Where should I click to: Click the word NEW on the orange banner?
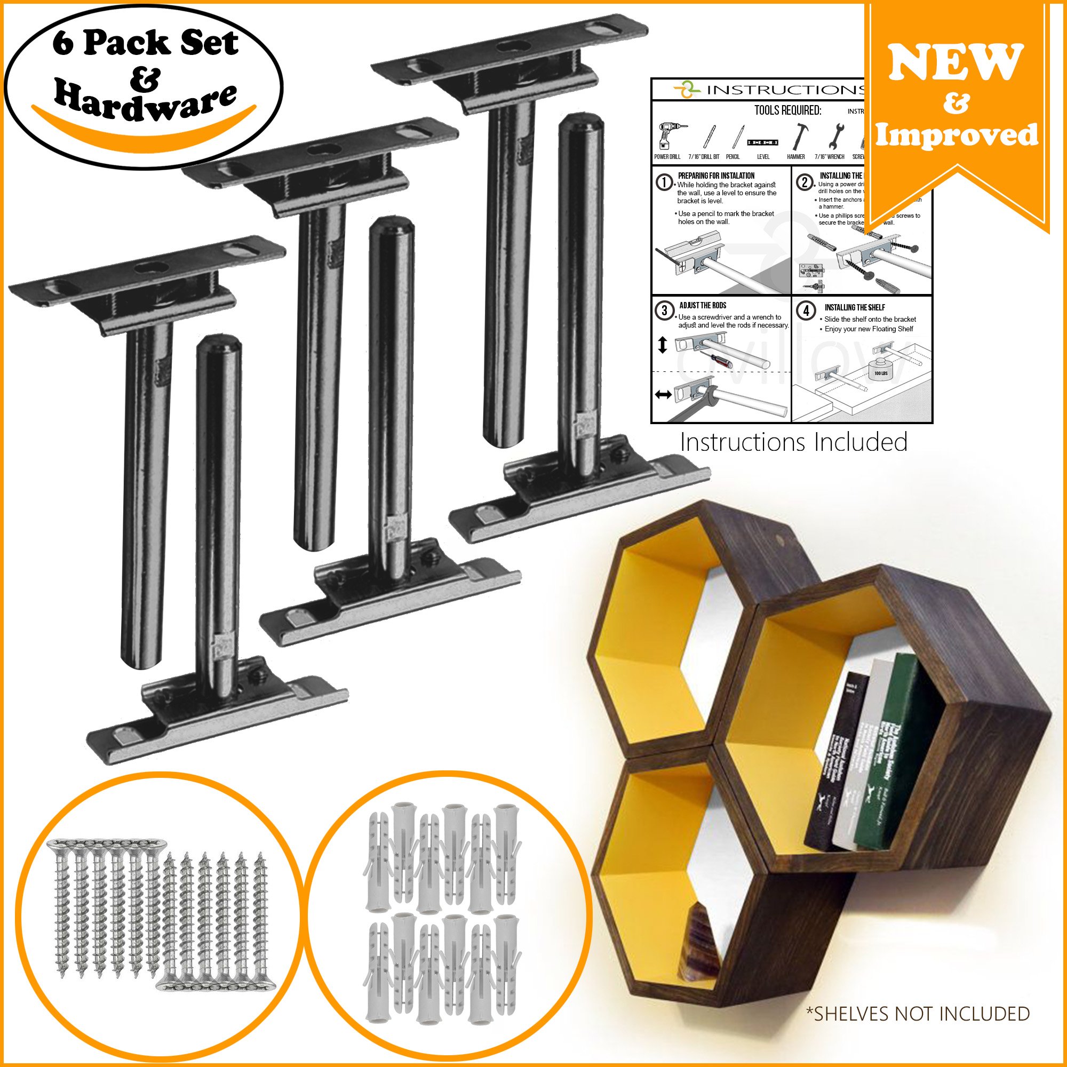coord(956,62)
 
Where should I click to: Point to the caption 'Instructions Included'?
coord(793,442)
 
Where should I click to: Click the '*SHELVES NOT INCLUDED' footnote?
coord(918,1014)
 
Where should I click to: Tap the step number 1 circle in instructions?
coord(664,183)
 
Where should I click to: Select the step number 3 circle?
coord(664,311)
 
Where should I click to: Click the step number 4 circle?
coord(806,311)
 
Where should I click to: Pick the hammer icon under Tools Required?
coord(797,137)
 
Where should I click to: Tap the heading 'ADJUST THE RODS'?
coord(703,305)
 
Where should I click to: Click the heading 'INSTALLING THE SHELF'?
coord(854,308)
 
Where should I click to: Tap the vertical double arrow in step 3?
coord(663,345)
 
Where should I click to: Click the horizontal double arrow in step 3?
coord(663,394)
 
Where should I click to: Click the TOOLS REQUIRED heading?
coord(787,110)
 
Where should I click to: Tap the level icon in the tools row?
coord(763,142)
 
